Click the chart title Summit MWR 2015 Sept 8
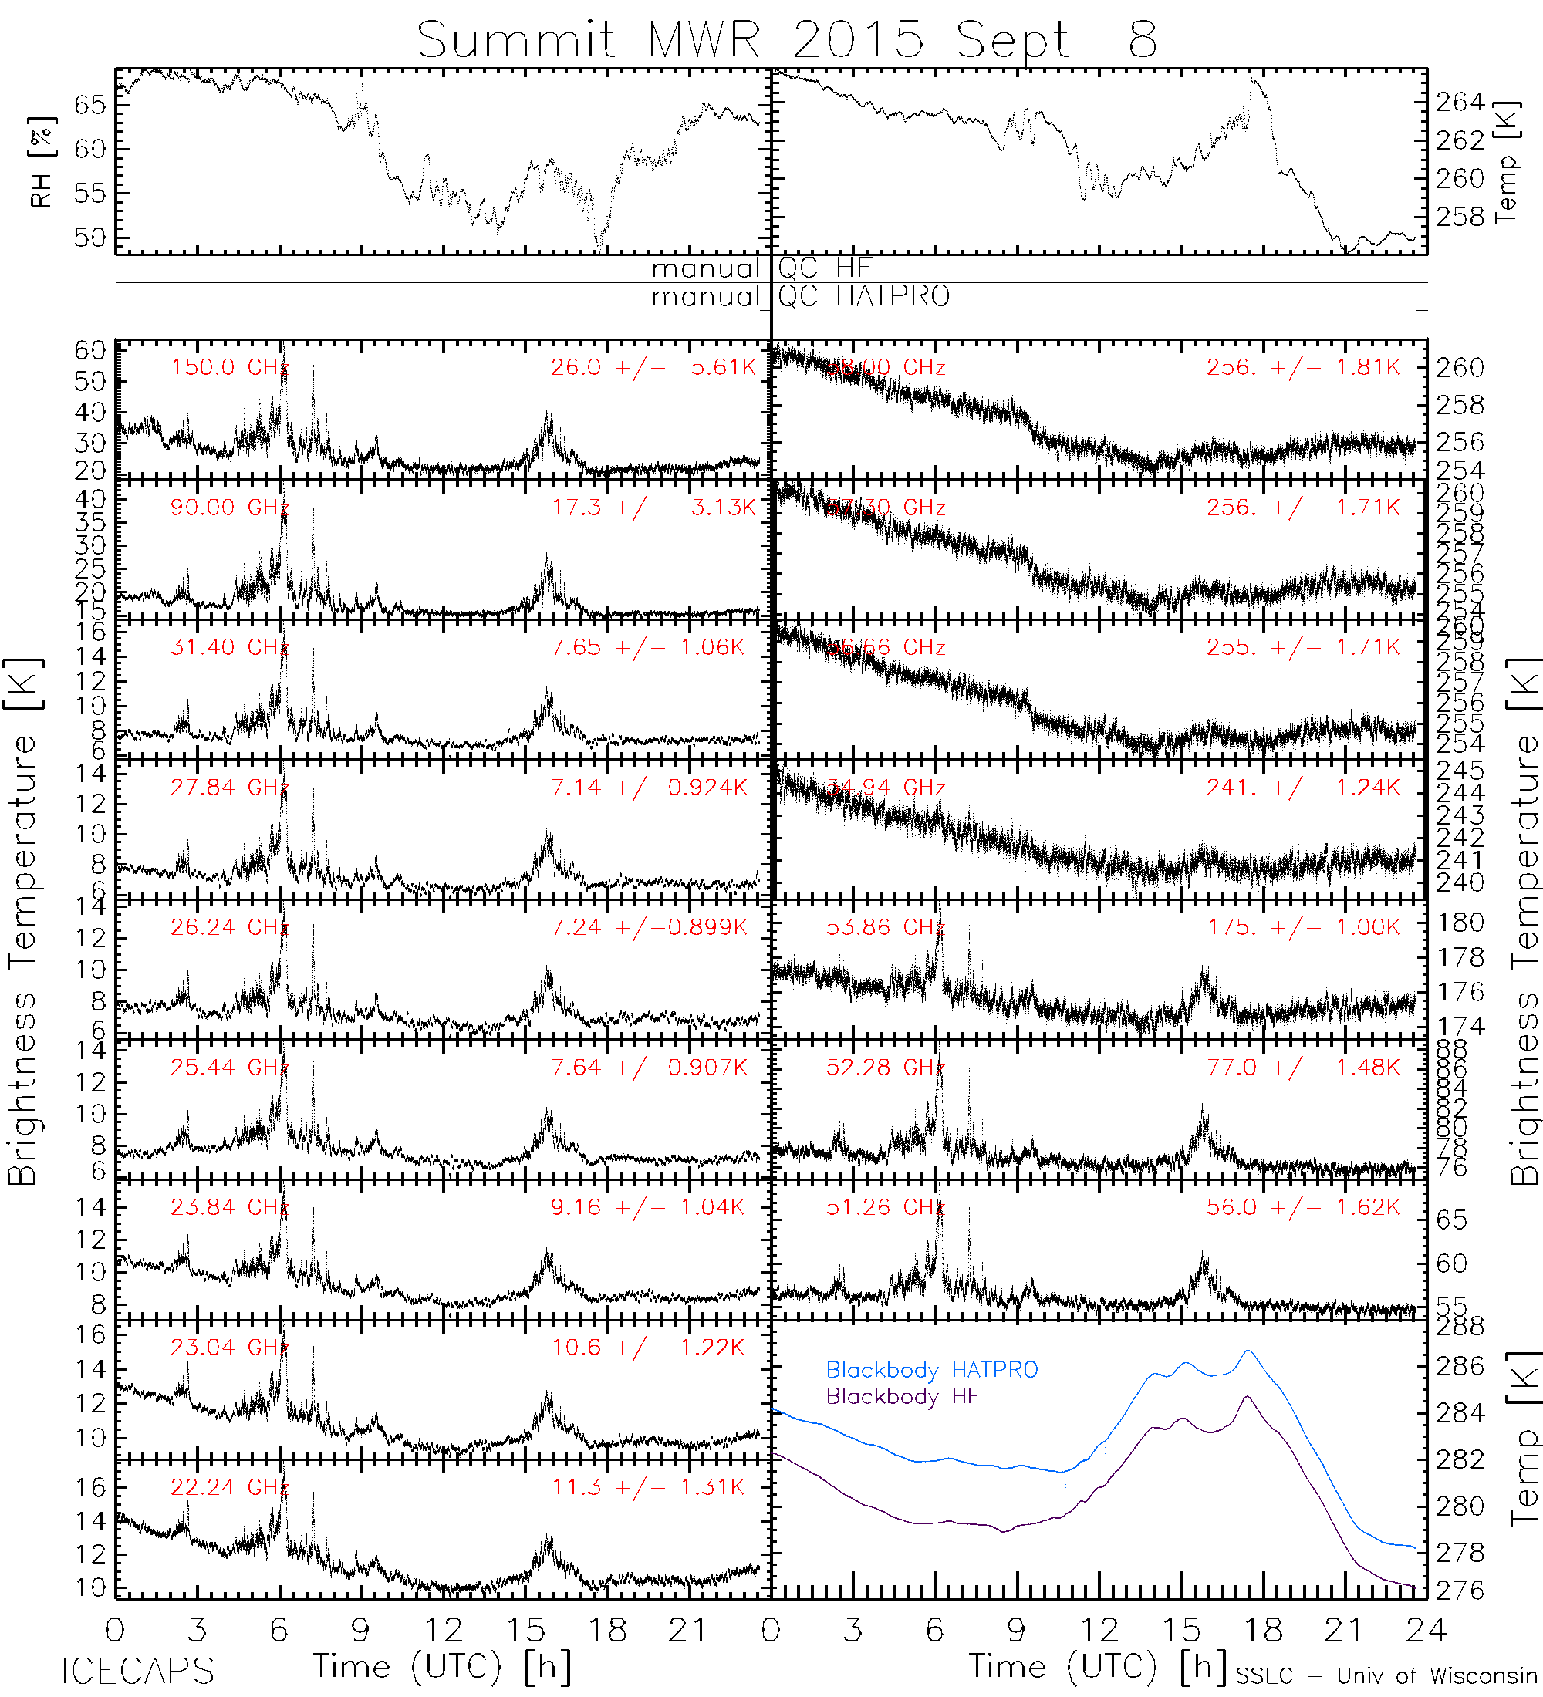(x=786, y=39)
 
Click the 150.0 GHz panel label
(x=229, y=367)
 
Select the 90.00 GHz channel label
(x=229, y=508)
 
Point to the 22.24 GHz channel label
(x=229, y=1486)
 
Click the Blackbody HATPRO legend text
(x=931, y=1369)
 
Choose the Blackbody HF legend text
(x=903, y=1396)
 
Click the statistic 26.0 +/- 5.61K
(x=653, y=367)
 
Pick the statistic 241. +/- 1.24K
(x=1302, y=787)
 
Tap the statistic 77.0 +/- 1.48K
(x=1302, y=1068)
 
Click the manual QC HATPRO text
(x=800, y=297)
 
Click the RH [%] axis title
(x=41, y=162)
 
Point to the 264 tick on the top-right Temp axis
(x=1460, y=102)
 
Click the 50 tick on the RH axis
(x=89, y=238)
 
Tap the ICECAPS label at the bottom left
(x=137, y=1671)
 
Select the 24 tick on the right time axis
(x=1425, y=1631)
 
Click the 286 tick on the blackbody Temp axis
(x=1460, y=1365)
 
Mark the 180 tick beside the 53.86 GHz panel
(x=1460, y=923)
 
